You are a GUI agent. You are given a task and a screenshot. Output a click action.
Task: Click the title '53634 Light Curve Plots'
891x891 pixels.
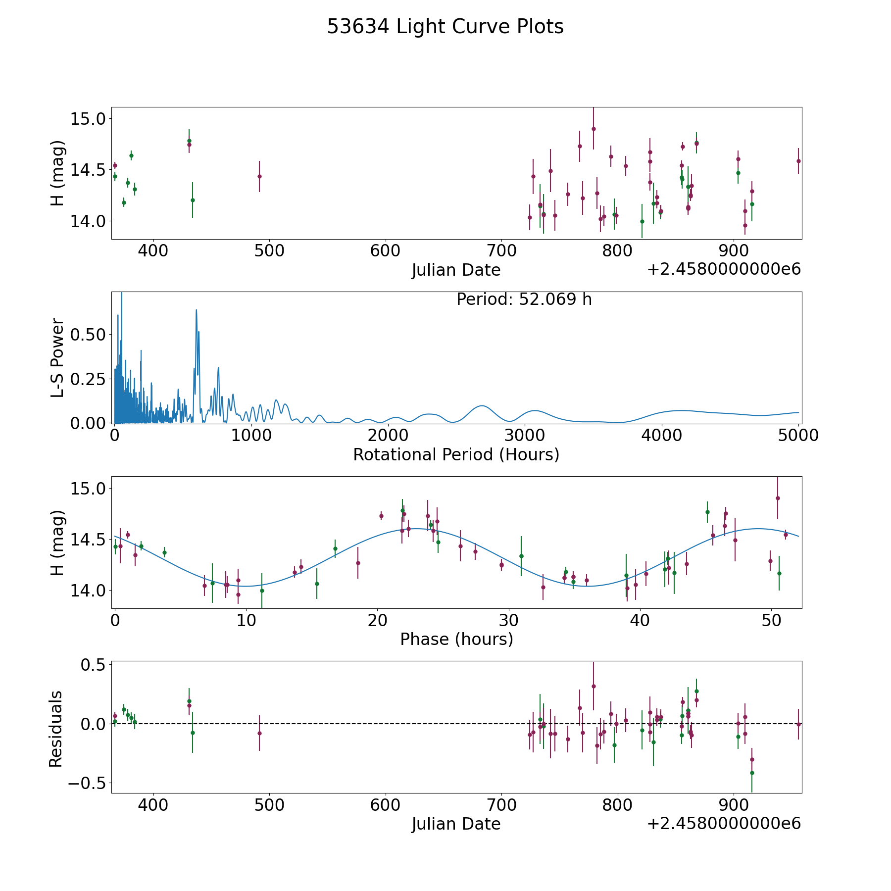pyautogui.click(x=445, y=27)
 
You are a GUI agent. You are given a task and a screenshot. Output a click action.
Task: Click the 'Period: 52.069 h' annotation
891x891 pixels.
pyautogui.click(x=524, y=299)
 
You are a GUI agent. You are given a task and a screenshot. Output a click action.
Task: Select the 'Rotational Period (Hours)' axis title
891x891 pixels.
pyautogui.click(x=456, y=454)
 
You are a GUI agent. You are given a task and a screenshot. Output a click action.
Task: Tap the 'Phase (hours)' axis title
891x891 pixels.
pyautogui.click(x=456, y=639)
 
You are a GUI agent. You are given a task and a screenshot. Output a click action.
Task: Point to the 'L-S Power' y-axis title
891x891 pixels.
pyautogui.click(x=58, y=357)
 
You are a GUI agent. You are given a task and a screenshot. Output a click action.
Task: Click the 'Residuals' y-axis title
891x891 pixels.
pyautogui.click(x=56, y=729)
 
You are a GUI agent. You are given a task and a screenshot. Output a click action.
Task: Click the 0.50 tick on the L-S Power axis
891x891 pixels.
pyautogui.click(x=88, y=335)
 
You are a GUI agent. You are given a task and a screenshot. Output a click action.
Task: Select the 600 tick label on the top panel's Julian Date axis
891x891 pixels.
pyautogui.click(x=385, y=250)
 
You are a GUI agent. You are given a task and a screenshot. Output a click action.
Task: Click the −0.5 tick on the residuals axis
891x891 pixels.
pyautogui.click(x=86, y=783)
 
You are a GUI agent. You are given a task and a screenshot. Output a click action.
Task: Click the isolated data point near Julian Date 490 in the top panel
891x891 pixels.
pyautogui.click(x=259, y=176)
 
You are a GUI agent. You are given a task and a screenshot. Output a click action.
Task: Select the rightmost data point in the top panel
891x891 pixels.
pyautogui.click(x=798, y=161)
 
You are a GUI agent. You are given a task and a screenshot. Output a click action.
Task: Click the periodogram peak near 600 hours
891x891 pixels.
pyautogui.click(x=197, y=310)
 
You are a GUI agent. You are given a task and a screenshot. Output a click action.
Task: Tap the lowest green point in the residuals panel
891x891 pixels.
pyautogui.click(x=752, y=773)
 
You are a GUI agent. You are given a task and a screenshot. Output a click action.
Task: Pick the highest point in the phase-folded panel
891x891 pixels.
pyautogui.click(x=778, y=498)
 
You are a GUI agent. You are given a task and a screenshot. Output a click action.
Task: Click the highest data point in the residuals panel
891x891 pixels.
pyautogui.click(x=594, y=686)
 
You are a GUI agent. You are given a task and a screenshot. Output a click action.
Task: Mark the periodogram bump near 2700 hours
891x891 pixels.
pyautogui.click(x=482, y=406)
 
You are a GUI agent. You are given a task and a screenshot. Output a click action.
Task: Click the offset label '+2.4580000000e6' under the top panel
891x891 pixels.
pyautogui.click(x=724, y=269)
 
